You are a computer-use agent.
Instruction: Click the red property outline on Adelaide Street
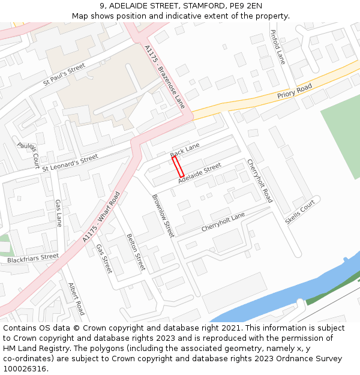(178, 166)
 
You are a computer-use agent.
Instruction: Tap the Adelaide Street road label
(200, 172)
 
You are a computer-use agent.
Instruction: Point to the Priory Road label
(295, 92)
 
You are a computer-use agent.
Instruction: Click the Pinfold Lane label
(278, 47)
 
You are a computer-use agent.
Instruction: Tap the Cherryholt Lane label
(223, 223)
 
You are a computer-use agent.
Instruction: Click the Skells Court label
(300, 212)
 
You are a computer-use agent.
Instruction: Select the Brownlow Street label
(163, 215)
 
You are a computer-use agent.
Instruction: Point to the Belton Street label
(136, 252)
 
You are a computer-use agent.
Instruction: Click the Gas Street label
(104, 259)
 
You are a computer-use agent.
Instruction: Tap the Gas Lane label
(59, 213)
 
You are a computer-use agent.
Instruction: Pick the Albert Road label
(76, 299)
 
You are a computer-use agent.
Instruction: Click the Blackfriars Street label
(33, 259)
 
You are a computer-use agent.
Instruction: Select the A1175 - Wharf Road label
(102, 217)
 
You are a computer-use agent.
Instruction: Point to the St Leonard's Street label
(70, 163)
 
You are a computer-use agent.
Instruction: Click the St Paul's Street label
(64, 77)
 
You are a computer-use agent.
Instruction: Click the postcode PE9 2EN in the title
(245, 7)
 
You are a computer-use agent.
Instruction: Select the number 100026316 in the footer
(24, 368)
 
